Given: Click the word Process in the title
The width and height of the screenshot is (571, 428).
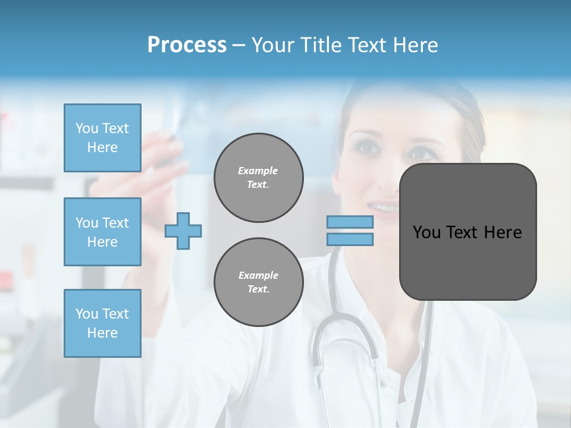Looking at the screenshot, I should point(187,45).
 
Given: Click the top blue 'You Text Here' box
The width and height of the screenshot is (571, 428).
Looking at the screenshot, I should point(102,138).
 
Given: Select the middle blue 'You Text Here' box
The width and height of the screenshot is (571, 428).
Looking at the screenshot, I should point(102,232).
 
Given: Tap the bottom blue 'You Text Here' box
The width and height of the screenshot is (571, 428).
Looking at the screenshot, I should point(102,323).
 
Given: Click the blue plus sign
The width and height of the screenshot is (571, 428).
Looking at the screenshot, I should point(183,231).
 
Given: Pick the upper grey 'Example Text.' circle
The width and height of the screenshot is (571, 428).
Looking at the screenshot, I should point(258,178).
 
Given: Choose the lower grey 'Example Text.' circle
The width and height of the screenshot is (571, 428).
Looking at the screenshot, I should point(258,282).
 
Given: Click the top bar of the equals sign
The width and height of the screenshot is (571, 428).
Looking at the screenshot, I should point(350,222).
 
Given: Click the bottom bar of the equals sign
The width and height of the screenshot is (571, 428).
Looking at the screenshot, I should point(350,239).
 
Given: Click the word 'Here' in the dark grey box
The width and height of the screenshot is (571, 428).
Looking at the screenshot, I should point(503,232).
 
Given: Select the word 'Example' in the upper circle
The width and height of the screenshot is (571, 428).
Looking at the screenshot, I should point(258,171).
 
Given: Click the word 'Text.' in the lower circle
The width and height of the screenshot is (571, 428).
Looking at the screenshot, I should point(258,289).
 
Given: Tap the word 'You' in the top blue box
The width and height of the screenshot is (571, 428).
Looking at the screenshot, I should point(86,128).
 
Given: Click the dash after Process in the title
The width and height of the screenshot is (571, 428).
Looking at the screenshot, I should point(239,45).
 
